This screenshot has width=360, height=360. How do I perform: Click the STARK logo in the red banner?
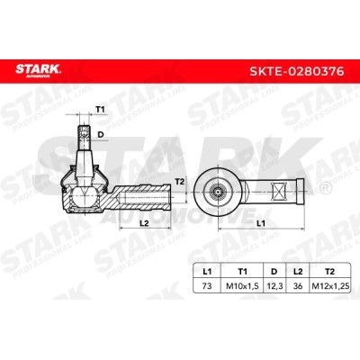38,70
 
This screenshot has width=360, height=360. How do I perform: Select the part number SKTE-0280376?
297,72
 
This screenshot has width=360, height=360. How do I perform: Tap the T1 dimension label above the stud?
100,110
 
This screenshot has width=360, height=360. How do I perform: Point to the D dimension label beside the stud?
101,135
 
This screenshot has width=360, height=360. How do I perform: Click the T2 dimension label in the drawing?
179,181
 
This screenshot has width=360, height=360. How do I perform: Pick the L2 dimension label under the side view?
145,222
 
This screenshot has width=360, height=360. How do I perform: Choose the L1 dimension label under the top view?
261,222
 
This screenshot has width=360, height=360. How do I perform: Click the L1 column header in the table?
207,272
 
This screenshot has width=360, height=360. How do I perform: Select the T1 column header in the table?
242,272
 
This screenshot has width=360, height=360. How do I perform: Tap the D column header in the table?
274,272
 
